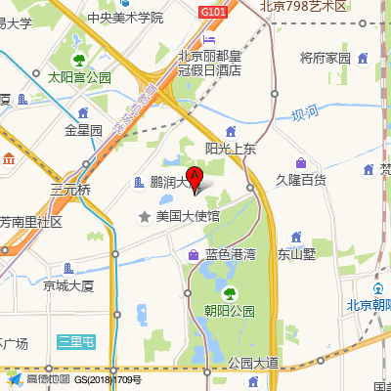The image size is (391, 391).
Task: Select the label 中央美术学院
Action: point(124,17)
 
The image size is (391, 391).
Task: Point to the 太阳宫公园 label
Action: point(80,76)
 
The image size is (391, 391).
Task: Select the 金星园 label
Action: point(83,129)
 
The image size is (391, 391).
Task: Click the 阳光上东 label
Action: point(230,149)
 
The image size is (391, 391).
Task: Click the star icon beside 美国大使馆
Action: point(145,215)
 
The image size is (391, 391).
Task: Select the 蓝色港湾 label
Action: point(230,254)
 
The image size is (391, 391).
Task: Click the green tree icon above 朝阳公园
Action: point(229,292)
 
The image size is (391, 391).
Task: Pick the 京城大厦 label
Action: point(67,285)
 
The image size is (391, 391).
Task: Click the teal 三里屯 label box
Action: point(75,340)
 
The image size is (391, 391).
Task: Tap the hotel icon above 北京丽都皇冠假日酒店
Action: point(208,38)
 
